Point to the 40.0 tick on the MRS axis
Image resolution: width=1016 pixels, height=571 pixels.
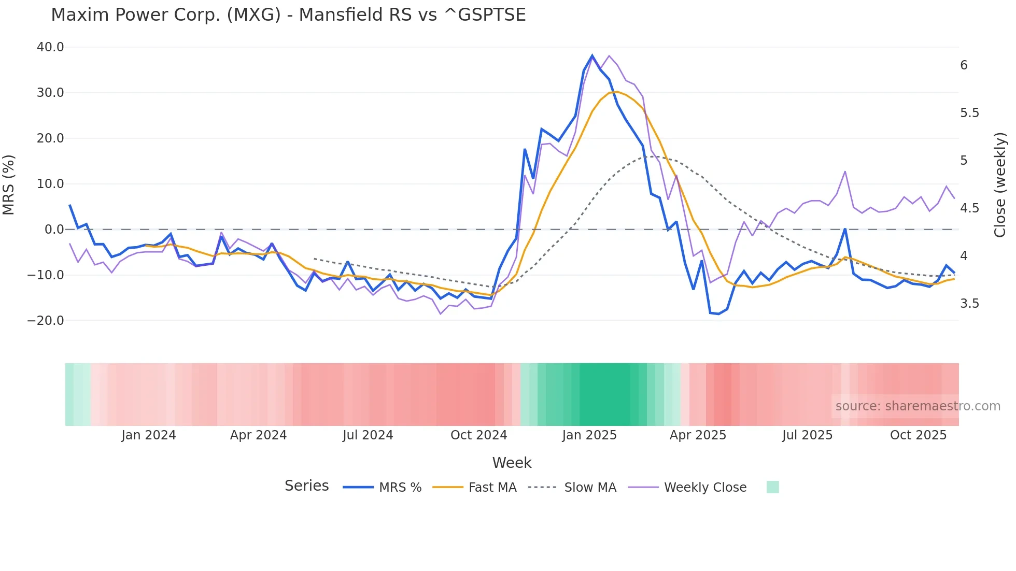point(50,47)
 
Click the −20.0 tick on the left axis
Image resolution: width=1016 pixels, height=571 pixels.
point(46,321)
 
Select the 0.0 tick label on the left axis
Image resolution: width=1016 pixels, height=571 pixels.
point(54,230)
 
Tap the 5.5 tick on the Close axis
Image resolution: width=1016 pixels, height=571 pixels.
point(969,113)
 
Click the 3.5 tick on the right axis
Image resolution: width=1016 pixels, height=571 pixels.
point(969,304)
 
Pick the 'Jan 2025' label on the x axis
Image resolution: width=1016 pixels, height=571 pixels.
point(589,435)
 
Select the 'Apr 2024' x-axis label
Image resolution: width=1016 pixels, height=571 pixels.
point(258,435)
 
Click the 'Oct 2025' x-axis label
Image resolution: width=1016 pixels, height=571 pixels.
point(918,435)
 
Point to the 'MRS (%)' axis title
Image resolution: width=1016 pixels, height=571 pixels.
point(9,184)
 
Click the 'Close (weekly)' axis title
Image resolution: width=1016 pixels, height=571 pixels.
point(1000,184)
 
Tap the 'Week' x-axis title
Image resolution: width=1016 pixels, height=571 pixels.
point(512,463)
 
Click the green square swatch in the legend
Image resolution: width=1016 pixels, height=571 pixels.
point(772,487)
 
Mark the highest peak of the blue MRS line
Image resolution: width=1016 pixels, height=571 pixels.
point(592,55)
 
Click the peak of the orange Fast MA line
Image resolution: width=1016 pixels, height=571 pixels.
point(617,92)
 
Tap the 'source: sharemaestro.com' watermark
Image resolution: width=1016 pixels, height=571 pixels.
point(918,406)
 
